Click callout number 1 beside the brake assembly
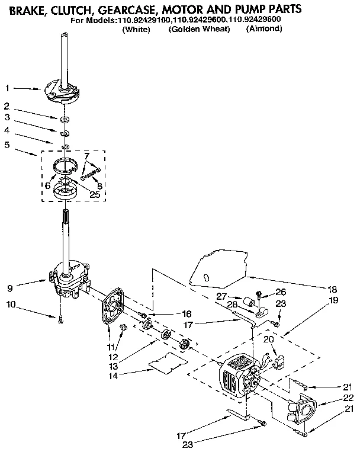tap(7, 89)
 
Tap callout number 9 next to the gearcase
tap(8, 289)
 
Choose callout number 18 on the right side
tap(333, 290)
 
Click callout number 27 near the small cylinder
tap(221, 296)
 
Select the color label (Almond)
tap(263, 29)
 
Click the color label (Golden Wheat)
tap(198, 29)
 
